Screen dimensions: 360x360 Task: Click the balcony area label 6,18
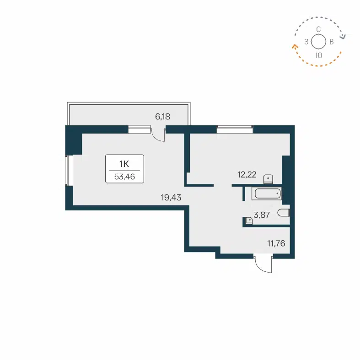pyautogui.click(x=162, y=117)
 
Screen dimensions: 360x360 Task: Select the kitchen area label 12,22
pyautogui.click(x=247, y=174)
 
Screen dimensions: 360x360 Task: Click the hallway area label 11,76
pyautogui.click(x=276, y=243)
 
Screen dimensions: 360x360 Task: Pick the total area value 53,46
pyautogui.click(x=124, y=177)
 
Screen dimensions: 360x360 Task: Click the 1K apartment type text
pyautogui.click(x=124, y=163)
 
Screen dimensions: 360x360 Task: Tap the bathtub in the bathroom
pyautogui.click(x=266, y=193)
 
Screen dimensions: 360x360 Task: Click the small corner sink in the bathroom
pyautogui.click(x=249, y=220)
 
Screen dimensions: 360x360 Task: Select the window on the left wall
pyautogui.click(x=69, y=170)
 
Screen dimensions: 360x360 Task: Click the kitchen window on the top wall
pyautogui.click(x=235, y=130)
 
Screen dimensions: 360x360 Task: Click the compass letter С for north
pyautogui.click(x=318, y=29)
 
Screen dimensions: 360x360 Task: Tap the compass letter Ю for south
pyautogui.click(x=319, y=55)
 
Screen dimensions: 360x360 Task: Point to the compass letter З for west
pyautogui.click(x=306, y=42)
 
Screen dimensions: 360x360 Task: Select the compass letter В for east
pyautogui.click(x=332, y=42)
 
